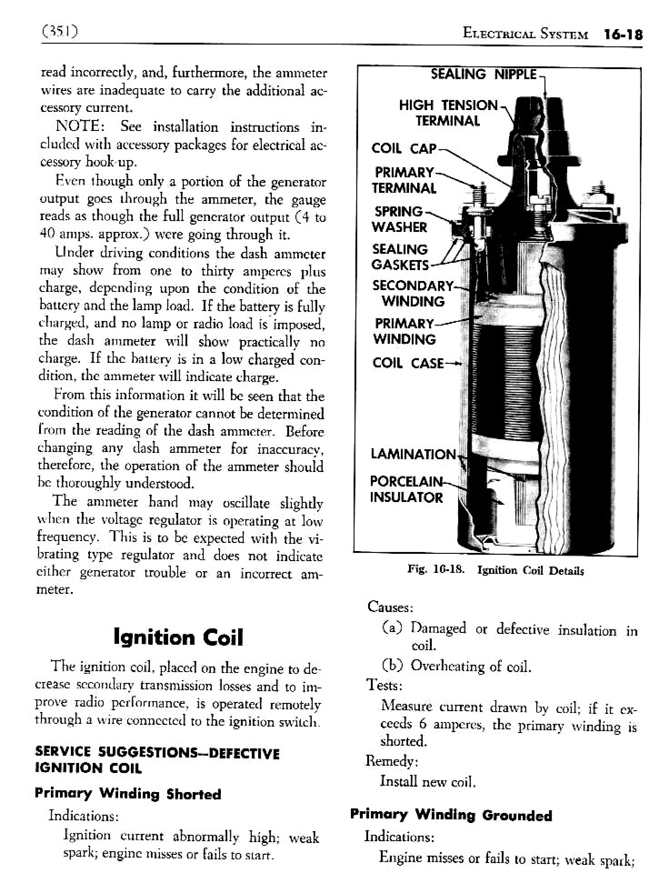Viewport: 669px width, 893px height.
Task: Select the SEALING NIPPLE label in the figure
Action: (484, 74)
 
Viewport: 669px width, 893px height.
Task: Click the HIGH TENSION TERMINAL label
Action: (448, 113)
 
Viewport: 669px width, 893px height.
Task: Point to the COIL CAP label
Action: (404, 148)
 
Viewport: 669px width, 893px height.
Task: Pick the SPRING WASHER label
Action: (399, 219)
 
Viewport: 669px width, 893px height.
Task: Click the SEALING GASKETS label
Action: (399, 257)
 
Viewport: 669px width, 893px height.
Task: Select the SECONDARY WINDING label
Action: (413, 293)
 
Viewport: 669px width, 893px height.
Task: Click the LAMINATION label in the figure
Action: (413, 454)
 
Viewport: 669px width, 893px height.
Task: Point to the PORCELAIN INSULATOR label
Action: (405, 489)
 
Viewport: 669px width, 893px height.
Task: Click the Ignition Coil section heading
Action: (178, 637)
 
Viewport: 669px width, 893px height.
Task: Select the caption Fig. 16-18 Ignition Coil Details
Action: (495, 570)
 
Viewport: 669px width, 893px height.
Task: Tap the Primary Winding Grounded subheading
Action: (451, 815)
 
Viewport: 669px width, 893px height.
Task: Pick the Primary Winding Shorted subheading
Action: (128, 794)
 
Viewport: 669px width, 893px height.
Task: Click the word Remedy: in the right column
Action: (391, 761)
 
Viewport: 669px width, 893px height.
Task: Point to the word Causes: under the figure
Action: (390, 607)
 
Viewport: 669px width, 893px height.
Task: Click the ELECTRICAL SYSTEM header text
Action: (525, 35)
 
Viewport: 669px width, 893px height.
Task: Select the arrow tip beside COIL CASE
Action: (460, 363)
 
